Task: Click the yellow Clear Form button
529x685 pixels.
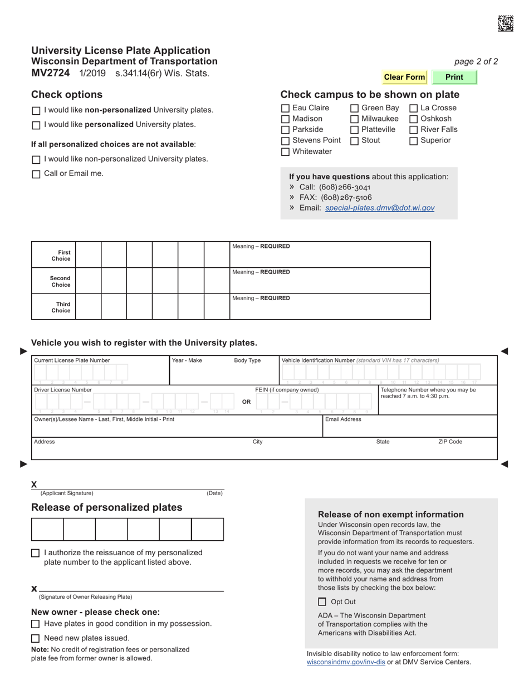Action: click(x=404, y=77)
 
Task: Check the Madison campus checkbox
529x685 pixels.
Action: click(x=286, y=119)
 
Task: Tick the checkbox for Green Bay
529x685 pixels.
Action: click(x=355, y=109)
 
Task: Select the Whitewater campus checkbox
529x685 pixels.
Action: click(x=286, y=152)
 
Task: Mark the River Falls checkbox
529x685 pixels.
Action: click(x=414, y=130)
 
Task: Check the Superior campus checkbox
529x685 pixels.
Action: click(x=414, y=141)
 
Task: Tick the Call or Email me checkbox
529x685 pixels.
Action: click(x=36, y=174)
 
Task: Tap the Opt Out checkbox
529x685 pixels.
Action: click(x=322, y=602)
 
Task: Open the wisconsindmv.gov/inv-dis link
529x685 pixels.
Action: click(x=346, y=662)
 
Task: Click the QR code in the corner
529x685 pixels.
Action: click(x=505, y=23)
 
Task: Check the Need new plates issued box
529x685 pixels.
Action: click(x=36, y=639)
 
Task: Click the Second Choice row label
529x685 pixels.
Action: click(x=61, y=282)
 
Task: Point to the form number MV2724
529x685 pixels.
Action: click(x=51, y=73)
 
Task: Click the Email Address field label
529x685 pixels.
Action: click(x=343, y=419)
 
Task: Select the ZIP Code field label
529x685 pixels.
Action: click(x=450, y=442)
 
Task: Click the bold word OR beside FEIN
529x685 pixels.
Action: click(x=246, y=402)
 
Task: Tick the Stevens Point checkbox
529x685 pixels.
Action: click(x=286, y=141)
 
